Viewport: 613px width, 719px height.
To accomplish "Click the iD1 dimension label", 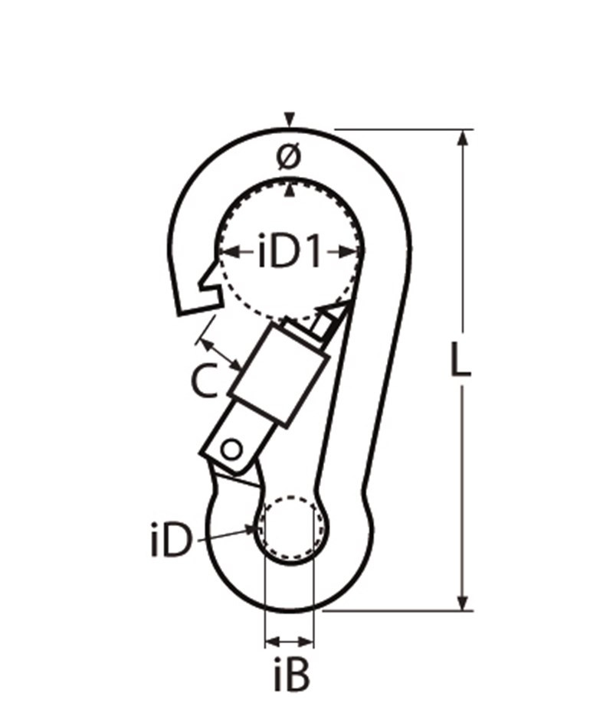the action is tap(289, 251).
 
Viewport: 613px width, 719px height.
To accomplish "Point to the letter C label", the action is tap(204, 380).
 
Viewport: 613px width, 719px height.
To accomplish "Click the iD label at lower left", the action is tap(170, 540).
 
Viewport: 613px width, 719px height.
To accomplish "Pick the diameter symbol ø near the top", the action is tap(290, 156).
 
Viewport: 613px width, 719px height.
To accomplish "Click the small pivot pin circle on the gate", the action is tap(231, 450).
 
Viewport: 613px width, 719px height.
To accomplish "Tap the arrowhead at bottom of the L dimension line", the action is tap(464, 603).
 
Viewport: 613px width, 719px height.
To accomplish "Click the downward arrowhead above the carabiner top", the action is tap(289, 119).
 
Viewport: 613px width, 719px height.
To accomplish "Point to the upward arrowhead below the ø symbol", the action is tap(289, 190).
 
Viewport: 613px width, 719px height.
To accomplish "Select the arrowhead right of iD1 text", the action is tap(349, 251).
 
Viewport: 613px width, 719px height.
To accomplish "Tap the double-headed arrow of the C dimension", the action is tap(221, 355).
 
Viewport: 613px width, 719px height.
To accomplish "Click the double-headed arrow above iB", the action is tap(290, 641).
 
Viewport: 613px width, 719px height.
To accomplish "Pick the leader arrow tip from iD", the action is tap(254, 528).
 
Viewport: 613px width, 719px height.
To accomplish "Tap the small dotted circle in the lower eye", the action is tap(290, 528).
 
